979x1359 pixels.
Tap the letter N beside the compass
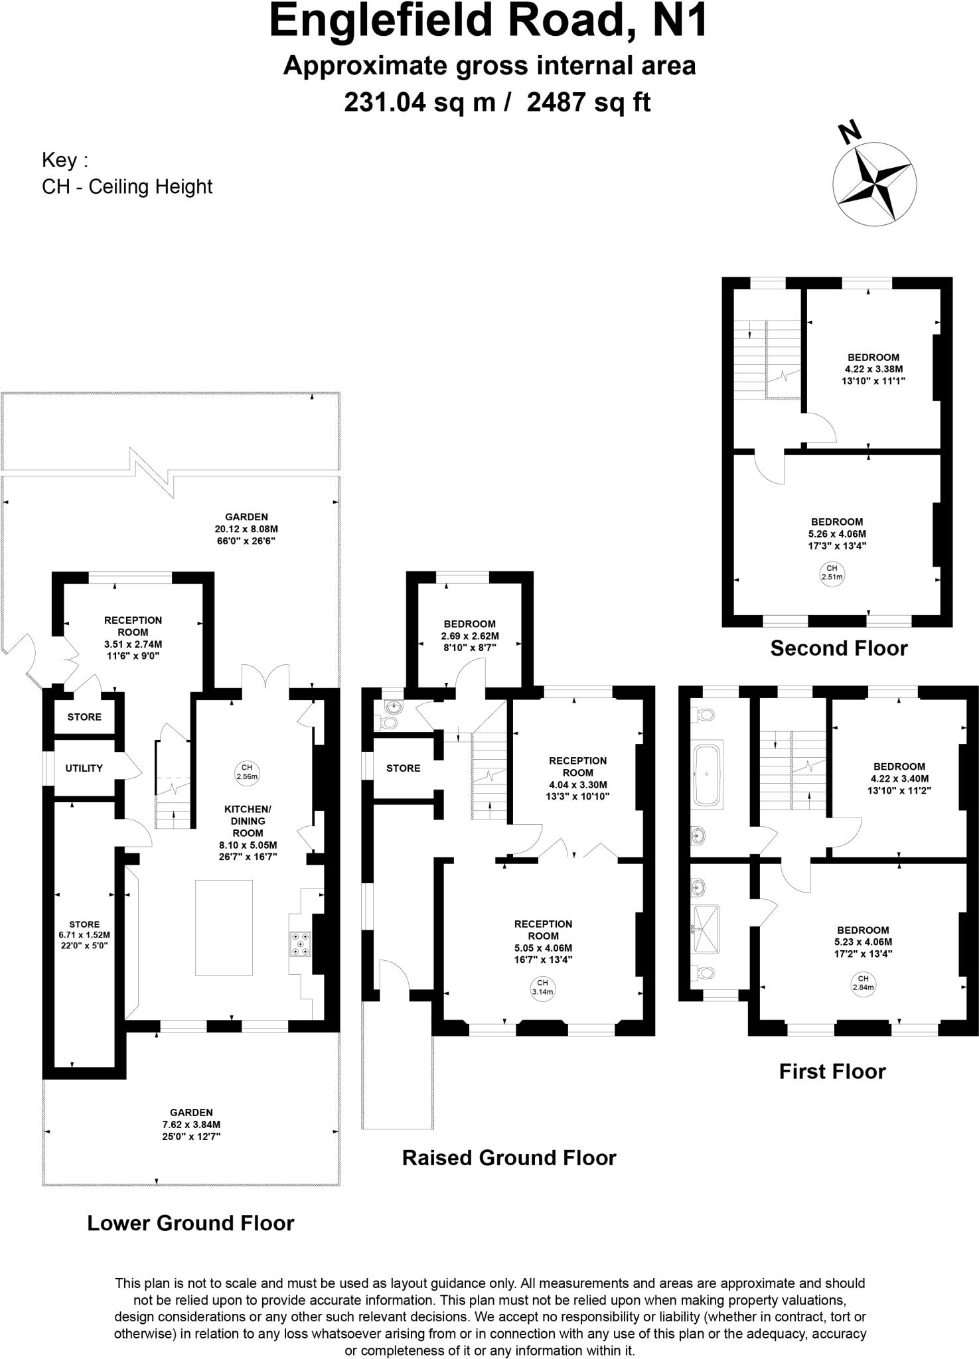pos(849,133)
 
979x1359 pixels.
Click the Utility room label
pos(84,768)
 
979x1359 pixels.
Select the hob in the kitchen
pos(301,944)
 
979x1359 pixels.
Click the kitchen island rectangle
pos(224,927)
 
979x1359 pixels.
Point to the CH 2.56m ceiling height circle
pos(247,772)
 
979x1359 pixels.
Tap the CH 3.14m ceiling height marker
pos(542,987)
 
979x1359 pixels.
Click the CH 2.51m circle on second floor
pos(832,572)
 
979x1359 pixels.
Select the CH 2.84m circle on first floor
pos(863,982)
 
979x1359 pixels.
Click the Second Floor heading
pos(838,648)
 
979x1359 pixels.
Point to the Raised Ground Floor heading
pos(509,1157)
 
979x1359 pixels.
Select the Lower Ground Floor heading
pos(190,1222)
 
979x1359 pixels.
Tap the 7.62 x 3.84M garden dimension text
pos(191,1125)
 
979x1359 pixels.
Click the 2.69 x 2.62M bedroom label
pos(469,636)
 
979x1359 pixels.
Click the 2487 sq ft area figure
pos(588,102)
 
